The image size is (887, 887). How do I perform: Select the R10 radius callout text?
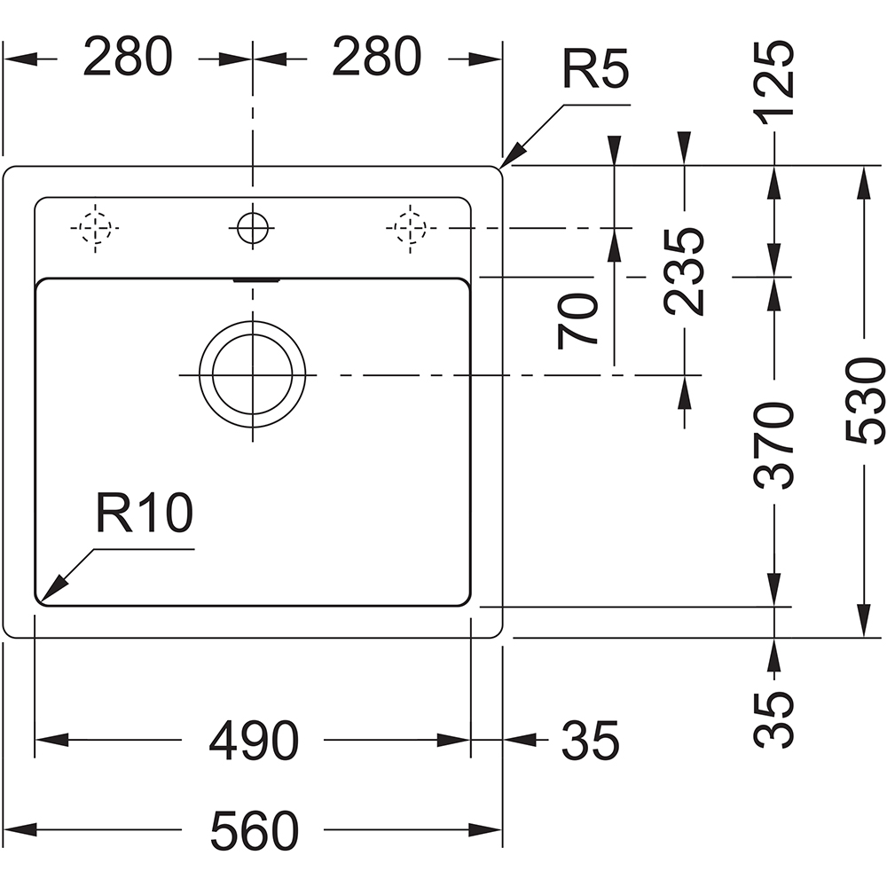coord(144,514)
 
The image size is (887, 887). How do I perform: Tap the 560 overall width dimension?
coord(254,831)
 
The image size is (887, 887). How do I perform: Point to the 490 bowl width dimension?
coord(254,740)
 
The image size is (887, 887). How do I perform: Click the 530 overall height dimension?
coord(865,401)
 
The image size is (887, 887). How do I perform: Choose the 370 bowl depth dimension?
coord(774,445)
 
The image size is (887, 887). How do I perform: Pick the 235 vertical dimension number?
coord(685,271)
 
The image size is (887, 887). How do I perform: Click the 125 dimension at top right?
coord(774,82)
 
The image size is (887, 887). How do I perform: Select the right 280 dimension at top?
coord(376,59)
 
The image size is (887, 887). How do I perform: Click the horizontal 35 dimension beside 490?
coord(590,740)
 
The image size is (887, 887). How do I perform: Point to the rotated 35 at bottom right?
coord(774,718)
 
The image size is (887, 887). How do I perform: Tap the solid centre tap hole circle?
coord(253,228)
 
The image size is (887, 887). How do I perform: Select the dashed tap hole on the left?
coord(94,228)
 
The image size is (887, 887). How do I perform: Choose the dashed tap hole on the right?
coord(407,228)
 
